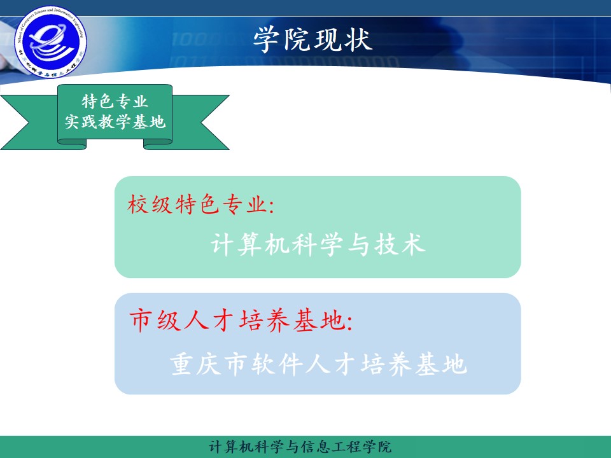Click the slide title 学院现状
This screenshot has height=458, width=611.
[x=312, y=40]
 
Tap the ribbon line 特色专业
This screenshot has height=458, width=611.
[x=115, y=102]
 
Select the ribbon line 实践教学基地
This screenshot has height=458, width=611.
[x=115, y=122]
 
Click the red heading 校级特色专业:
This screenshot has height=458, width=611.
[x=200, y=205]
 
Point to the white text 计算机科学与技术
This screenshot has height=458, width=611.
[x=318, y=245]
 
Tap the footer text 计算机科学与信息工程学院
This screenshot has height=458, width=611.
[x=300, y=447]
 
